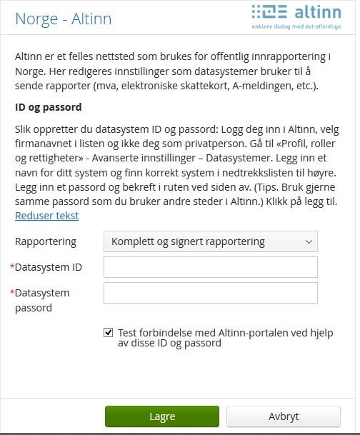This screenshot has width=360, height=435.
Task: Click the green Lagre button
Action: pos(162,416)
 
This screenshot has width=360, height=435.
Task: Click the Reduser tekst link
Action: pos(46,215)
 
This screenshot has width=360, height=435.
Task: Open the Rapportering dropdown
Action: pos(210,241)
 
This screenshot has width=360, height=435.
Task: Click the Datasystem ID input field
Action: pos(210,267)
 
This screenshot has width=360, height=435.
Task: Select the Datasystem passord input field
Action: pos(210,293)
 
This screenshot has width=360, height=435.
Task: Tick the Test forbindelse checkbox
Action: pos(109,331)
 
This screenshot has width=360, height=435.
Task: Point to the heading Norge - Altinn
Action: pos(64,19)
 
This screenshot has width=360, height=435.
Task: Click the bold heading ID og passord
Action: pos(49,108)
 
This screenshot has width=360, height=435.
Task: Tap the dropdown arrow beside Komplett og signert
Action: pos(309,241)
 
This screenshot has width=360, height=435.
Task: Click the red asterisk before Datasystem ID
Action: pos(12,268)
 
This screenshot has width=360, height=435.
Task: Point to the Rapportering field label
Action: pos(45,241)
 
